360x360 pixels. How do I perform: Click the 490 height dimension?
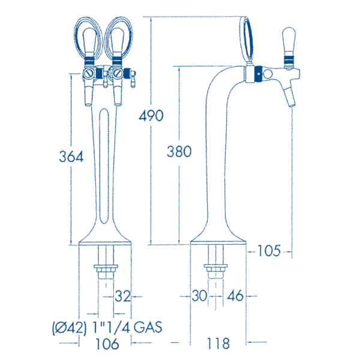click(x=151, y=115)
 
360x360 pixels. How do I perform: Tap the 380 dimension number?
click(x=179, y=152)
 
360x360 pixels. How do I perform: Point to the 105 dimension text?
click(x=269, y=251)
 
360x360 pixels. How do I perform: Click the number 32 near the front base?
click(x=122, y=296)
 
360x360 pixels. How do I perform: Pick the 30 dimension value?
click(x=200, y=296)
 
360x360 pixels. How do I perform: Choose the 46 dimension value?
click(x=236, y=296)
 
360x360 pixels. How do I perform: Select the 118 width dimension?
click(x=218, y=344)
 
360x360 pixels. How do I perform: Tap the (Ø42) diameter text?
click(x=67, y=328)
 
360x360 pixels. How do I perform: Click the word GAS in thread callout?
click(x=147, y=328)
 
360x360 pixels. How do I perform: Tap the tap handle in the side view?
click(x=288, y=45)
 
